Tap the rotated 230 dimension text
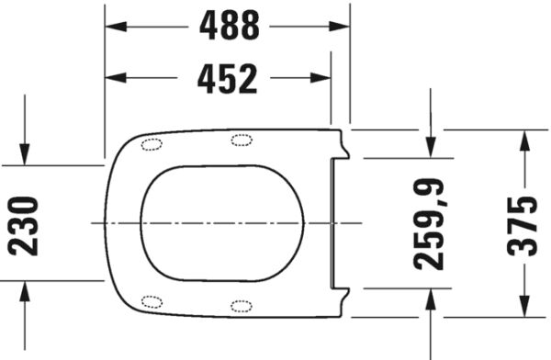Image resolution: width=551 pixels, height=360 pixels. [25, 225]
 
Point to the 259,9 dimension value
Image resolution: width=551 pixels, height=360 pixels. [429, 223]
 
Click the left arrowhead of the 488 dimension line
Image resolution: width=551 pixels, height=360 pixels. [116, 27]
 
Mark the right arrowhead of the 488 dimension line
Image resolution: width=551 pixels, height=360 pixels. [341, 27]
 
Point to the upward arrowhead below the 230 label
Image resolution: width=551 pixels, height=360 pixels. [25, 291]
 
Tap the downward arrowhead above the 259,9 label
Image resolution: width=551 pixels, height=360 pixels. [431, 147]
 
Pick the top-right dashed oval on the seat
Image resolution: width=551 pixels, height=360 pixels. [242, 140]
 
